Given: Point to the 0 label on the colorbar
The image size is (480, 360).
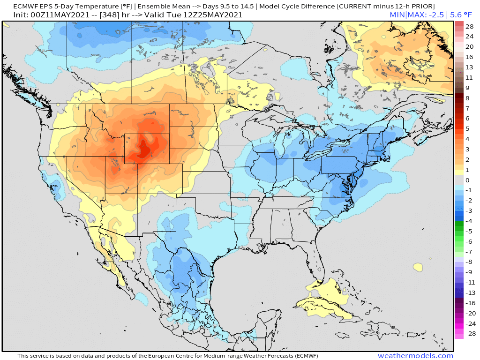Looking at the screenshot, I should pyautogui.click(x=467, y=180).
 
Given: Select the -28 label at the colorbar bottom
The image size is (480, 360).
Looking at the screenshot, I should pyautogui.click(x=470, y=334).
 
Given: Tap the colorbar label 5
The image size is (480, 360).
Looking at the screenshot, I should pyautogui.click(x=467, y=128).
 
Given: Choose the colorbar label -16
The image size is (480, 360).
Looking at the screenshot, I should pyautogui.click(x=470, y=303).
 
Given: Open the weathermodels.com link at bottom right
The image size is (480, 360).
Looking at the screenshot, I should pyautogui.click(x=415, y=356).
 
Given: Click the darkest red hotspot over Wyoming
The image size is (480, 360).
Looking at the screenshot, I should pyautogui.click(x=143, y=150).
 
